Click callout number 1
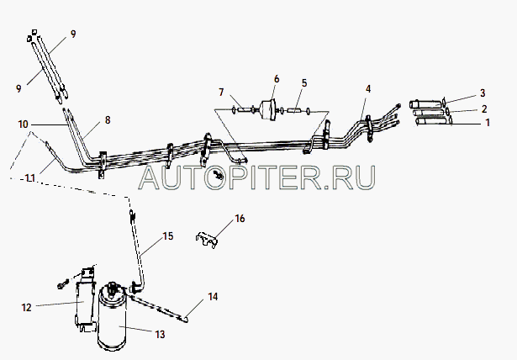pos(488,123)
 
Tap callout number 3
pos(483,93)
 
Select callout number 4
pos(368,89)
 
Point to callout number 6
pos(277,79)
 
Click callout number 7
pos(221,92)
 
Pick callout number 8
pos(108,119)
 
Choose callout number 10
pos(23,124)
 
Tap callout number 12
pos(26,308)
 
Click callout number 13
pos(160,335)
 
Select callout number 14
pos(213,297)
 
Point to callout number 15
pos(168,236)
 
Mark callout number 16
pos(240,219)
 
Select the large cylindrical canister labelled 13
pos(112,317)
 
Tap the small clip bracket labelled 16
pos(207,240)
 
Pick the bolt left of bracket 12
pos(63,283)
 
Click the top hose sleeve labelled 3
pos(425,103)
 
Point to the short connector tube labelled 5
pos(293,110)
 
